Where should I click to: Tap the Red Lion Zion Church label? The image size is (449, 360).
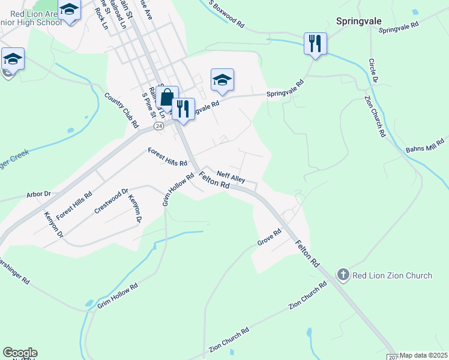[392, 275]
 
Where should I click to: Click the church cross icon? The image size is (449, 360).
[343, 275]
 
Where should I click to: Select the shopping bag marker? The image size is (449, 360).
[167, 97]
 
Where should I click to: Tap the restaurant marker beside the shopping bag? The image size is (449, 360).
[183, 109]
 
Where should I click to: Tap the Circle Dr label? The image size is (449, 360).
[373, 71]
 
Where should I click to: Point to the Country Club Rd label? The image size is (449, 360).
[121, 110]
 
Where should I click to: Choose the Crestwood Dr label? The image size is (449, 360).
[111, 202]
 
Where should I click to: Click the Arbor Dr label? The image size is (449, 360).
[38, 194]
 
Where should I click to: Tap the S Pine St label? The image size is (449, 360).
[148, 102]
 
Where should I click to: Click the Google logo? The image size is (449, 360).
[20, 353]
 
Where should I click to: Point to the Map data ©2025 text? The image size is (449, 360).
[424, 355]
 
